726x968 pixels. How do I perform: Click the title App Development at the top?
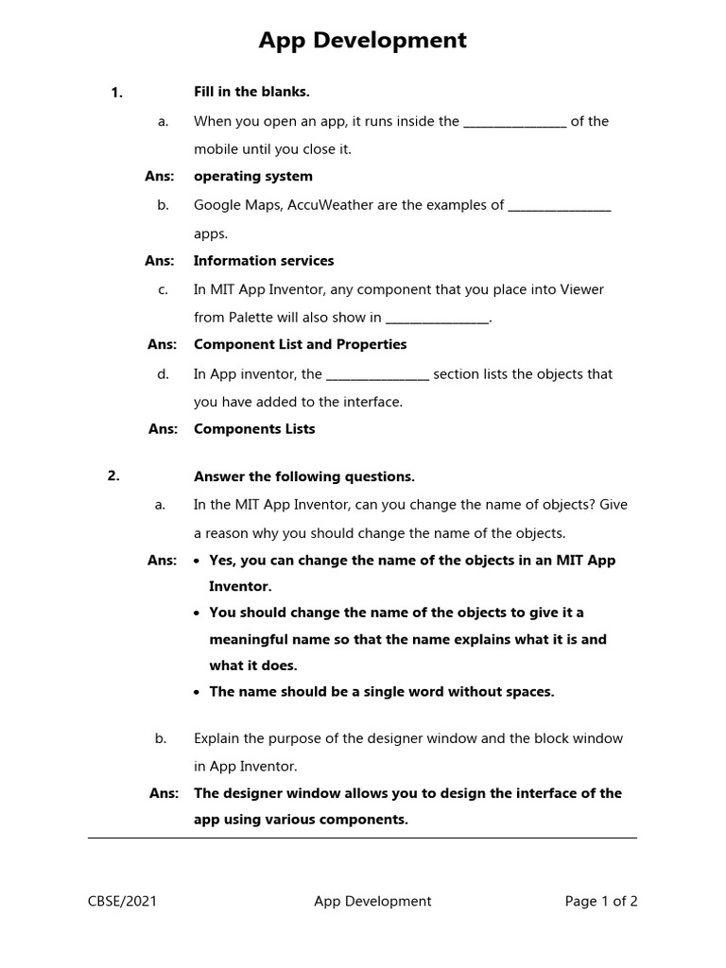363,41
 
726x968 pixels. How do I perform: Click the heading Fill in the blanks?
251,92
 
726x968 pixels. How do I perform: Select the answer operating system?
252,176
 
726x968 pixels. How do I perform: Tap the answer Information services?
264,260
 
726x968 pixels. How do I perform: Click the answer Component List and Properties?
300,344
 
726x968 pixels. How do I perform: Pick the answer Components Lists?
254,428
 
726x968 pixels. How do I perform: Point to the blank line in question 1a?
514,123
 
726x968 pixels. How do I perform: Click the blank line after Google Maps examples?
560,207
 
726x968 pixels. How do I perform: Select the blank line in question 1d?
377,375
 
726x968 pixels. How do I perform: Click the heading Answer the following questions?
303,476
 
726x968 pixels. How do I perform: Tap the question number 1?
116,93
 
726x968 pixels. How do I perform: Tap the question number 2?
113,476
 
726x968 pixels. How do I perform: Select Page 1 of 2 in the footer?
601,901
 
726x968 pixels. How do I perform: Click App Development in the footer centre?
372,901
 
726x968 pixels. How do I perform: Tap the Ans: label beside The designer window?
164,793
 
